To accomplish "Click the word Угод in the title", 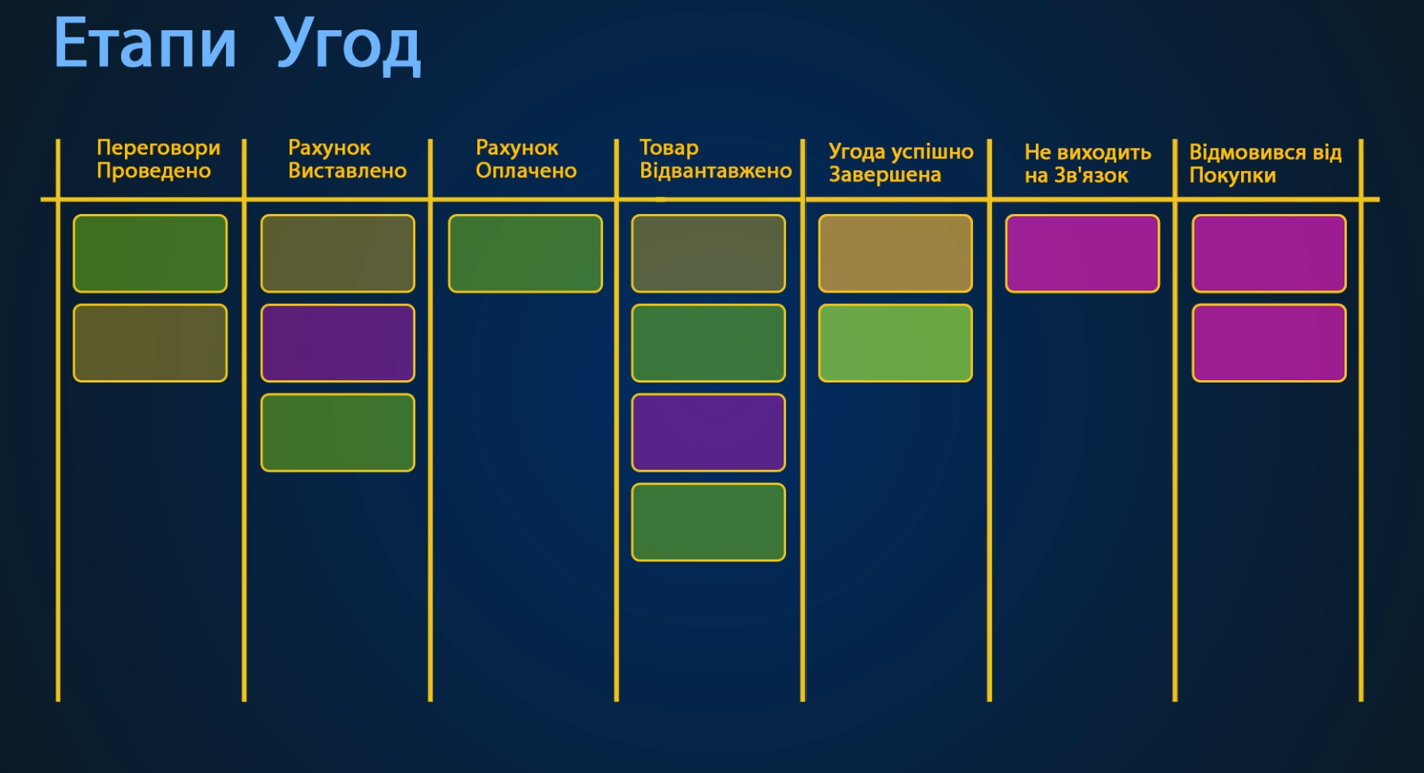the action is [x=347, y=45].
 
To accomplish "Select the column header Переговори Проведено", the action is [x=158, y=159].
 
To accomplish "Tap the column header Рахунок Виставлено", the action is [x=347, y=159].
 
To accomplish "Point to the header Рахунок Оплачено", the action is [x=526, y=159].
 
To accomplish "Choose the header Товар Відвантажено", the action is [x=715, y=159].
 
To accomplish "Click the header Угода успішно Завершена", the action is [x=901, y=163].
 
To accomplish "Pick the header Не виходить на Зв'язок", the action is [x=1087, y=164].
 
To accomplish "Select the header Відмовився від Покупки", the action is [x=1265, y=164].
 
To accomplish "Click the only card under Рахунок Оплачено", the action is [x=525, y=254].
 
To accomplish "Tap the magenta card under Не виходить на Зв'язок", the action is [x=1082, y=254].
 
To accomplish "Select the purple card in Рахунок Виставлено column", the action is [x=337, y=343].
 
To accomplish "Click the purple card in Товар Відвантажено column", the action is [x=708, y=433].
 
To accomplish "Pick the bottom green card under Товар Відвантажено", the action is [x=708, y=522].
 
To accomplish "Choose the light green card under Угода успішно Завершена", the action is [x=895, y=343].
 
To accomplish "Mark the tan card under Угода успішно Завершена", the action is [x=895, y=254].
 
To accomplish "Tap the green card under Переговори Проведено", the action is [x=150, y=254].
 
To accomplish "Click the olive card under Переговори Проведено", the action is [x=150, y=343].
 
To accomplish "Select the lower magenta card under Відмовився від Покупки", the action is [x=1269, y=343].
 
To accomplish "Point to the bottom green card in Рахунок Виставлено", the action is [x=337, y=433].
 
